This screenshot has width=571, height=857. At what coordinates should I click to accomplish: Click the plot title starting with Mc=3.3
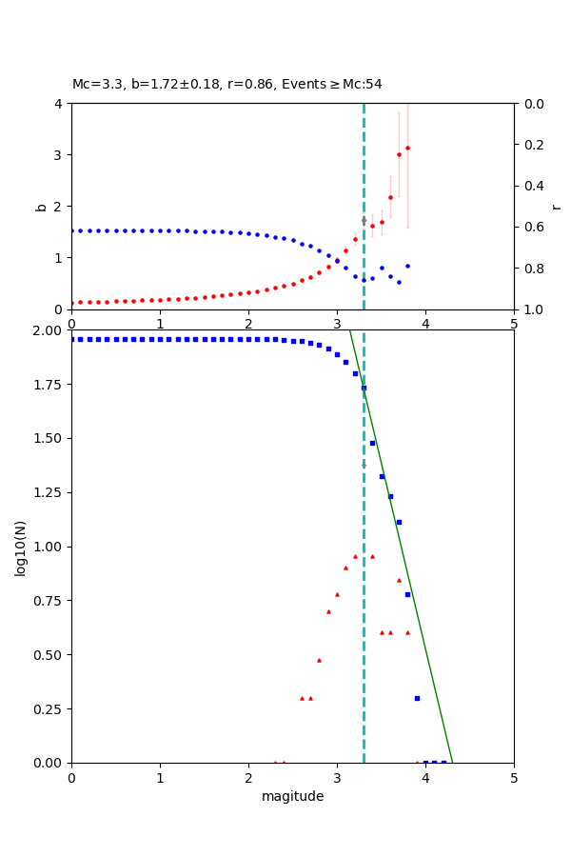pos(226,84)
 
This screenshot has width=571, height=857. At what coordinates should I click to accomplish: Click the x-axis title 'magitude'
pos(292,796)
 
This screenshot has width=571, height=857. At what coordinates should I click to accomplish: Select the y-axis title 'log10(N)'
pos(20,547)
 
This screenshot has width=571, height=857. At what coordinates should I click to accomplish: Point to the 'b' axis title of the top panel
pos(41,206)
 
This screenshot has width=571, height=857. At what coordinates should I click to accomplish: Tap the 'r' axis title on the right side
pos(556,206)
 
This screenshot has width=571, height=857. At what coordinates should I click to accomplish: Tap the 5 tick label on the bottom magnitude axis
pos(514,777)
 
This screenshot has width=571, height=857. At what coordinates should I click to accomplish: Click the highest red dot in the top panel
pos(407,148)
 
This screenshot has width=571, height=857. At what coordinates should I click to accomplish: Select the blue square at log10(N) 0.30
pos(417,698)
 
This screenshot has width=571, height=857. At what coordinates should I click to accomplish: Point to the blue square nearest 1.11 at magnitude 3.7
pos(399,522)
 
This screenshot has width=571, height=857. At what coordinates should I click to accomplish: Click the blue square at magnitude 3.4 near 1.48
pos(372,443)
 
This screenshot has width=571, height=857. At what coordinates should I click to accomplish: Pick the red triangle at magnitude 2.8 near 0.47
pos(319,660)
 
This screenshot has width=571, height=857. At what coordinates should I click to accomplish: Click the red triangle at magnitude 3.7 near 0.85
pos(399,580)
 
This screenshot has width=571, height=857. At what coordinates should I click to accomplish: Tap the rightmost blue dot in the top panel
pos(407,266)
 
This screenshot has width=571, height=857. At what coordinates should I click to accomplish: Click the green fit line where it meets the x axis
pos(452,762)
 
